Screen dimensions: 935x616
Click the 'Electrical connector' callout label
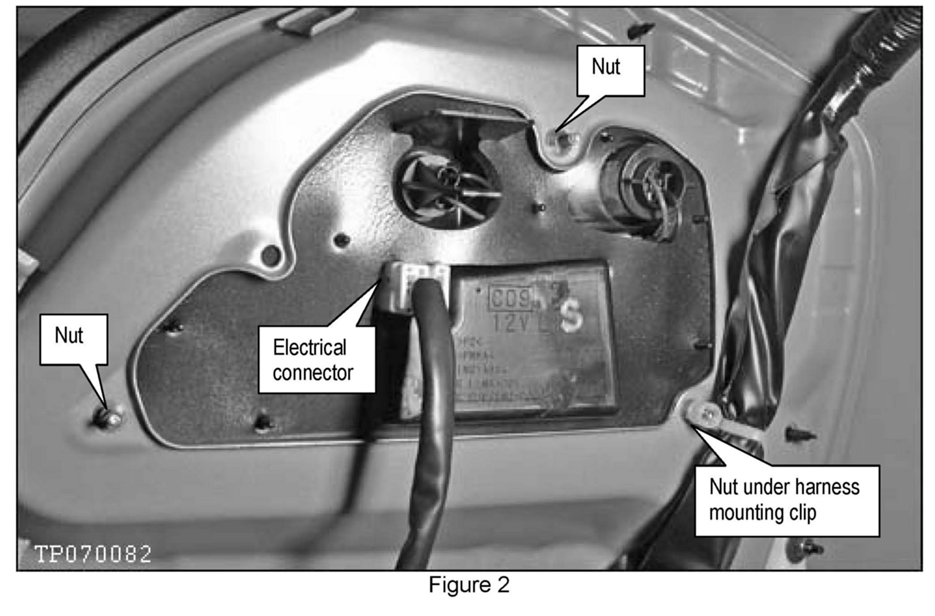pyautogui.click(x=316, y=360)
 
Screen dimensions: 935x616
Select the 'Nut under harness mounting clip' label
pyautogui.click(x=786, y=500)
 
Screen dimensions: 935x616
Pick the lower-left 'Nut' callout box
pyautogui.click(x=73, y=339)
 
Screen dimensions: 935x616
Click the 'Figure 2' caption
pyautogui.click(x=469, y=585)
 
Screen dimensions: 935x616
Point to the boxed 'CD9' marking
pyautogui.click(x=512, y=297)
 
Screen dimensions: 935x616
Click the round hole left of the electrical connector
pyautogui.click(x=270, y=256)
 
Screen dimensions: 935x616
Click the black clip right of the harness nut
pyautogui.click(x=799, y=434)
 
